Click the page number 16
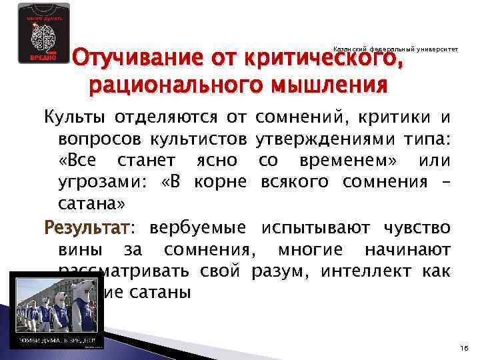click(x=464, y=348)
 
